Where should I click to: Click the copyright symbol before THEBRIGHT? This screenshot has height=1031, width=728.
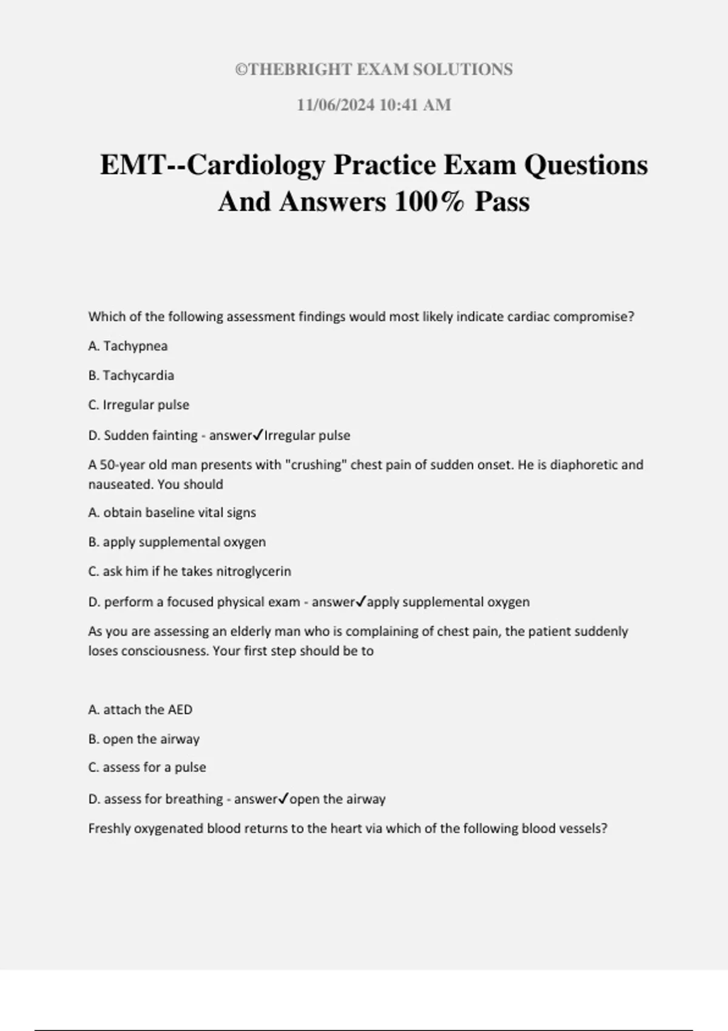coord(241,70)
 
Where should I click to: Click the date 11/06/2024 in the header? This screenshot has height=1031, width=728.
coord(335,105)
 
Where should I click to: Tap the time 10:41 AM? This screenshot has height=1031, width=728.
coord(415,105)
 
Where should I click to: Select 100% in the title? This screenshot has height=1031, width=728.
coord(430,201)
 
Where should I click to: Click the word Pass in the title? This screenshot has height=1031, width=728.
coord(502,201)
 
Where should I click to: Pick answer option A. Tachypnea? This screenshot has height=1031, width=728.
coord(128,346)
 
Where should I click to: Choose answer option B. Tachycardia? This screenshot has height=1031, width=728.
coord(131,375)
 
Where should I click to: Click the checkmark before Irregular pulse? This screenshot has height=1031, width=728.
coord(258,435)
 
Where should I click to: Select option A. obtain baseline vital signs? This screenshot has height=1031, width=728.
coord(172,512)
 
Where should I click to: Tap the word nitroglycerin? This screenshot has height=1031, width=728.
coord(254,571)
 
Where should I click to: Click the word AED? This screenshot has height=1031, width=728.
coord(180,710)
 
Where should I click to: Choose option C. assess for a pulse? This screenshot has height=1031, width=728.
coord(147,767)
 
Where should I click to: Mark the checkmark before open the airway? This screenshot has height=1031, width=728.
coord(283,799)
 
